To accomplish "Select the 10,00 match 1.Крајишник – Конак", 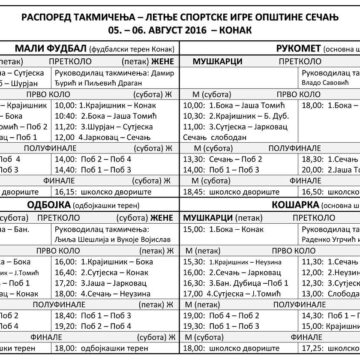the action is [122, 104].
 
